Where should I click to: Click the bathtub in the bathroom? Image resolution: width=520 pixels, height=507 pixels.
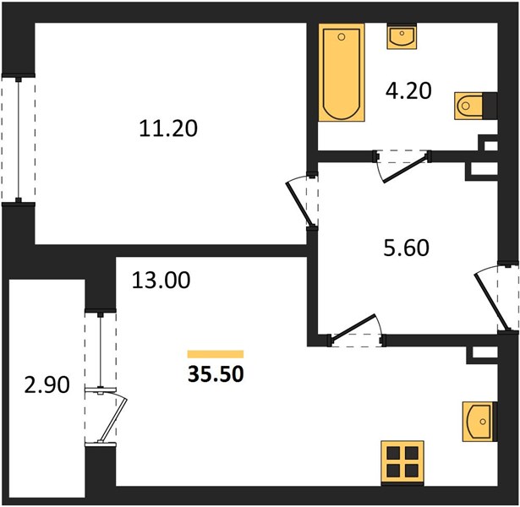pos(342,72)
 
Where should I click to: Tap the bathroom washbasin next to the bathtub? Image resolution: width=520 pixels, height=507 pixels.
pos(402,36)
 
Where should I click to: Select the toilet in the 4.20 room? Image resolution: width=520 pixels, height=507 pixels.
pos(469,106)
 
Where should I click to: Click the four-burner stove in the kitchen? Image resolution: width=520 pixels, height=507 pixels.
pos(402,461)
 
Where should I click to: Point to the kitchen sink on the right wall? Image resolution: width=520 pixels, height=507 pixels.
pos(478,421)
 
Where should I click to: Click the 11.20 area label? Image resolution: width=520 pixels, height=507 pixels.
pos(168,128)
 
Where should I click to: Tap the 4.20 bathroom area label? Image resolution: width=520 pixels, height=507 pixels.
pos(408,91)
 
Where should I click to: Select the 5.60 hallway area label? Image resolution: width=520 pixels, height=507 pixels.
pos(406,248)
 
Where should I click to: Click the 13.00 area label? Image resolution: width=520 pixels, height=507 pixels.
pos(161,280)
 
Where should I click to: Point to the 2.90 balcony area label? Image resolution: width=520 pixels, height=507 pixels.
pos(47,385)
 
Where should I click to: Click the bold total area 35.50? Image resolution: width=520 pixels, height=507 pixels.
pos(216,374)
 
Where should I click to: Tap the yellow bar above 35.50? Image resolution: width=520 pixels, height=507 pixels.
pos(216,354)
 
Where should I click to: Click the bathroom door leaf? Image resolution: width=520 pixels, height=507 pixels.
pos(405,168)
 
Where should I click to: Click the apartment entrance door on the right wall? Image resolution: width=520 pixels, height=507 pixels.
pos(491,301)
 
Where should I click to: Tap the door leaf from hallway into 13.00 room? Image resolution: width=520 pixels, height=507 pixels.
pos(353,326)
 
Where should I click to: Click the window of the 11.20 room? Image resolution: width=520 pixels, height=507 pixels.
pos(19,139)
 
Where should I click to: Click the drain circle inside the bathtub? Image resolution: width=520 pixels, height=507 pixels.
pos(342,37)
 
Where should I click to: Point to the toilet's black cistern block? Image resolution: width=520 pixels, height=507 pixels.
pos(490,105)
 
